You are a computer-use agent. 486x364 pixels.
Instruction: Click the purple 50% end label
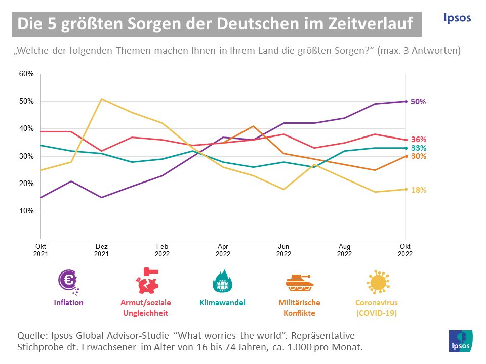418,102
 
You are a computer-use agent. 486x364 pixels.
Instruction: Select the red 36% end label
418,140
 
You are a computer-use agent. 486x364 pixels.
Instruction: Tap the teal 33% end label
418,148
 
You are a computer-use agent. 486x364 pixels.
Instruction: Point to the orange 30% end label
418,156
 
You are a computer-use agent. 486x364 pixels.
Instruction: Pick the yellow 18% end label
418,190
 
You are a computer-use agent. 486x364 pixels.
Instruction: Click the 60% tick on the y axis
26,74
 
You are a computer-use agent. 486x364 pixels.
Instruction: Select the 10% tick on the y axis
26,211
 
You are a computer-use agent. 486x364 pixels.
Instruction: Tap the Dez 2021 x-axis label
101,250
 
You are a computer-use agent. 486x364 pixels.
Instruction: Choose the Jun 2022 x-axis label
283,250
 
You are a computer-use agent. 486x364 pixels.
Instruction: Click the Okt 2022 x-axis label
405,250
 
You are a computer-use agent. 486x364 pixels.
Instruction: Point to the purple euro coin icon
68,281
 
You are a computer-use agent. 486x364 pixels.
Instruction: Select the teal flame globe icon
222,281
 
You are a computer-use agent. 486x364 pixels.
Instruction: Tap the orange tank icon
299,282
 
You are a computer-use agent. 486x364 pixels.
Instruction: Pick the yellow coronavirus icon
376,282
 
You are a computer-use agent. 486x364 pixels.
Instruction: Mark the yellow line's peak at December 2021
102,99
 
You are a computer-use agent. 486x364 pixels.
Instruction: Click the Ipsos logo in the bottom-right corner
460,340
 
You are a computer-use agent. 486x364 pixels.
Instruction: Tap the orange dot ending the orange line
405,156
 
